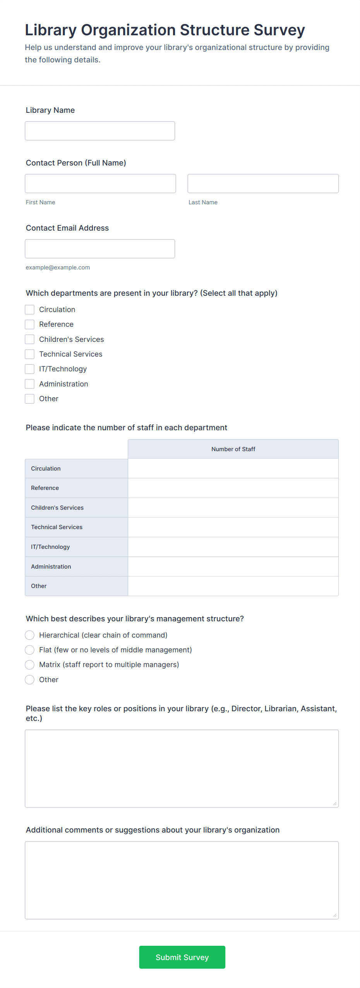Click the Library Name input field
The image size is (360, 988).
[100, 131]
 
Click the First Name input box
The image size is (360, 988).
[100, 184]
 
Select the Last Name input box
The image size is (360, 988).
[263, 184]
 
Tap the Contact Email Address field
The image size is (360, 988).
[100, 249]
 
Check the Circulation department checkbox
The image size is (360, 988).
[30, 310]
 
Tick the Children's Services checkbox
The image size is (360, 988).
[30, 340]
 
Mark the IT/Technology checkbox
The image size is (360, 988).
[30, 369]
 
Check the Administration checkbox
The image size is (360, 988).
[30, 384]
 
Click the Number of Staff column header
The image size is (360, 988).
[233, 449]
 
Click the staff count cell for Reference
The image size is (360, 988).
[233, 488]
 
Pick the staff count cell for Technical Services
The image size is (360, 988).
[233, 527]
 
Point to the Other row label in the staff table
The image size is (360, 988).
[39, 586]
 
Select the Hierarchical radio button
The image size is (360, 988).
[30, 635]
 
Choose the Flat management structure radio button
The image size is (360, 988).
[30, 650]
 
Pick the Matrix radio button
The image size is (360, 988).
[30, 665]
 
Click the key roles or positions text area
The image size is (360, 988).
[182, 769]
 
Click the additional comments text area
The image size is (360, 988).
[182, 880]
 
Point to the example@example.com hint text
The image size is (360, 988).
[58, 267]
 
